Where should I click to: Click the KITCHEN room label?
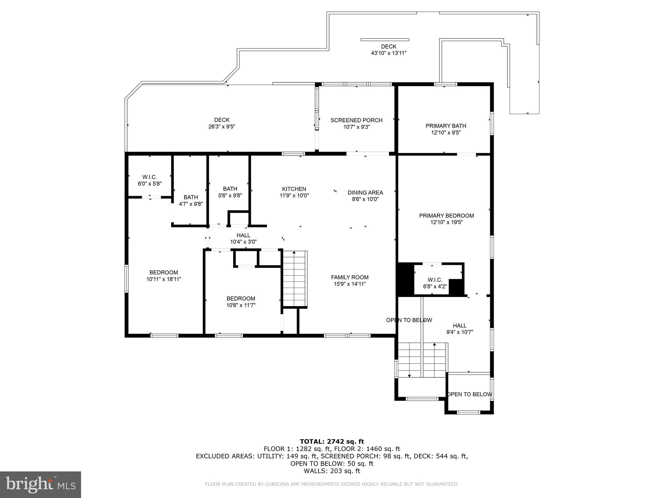click(294, 189)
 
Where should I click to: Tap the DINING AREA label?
click(365, 193)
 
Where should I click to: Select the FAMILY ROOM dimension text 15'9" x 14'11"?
click(350, 284)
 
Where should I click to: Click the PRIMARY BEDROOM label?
click(446, 216)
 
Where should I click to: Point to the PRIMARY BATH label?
click(445, 126)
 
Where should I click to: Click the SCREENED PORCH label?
click(356, 120)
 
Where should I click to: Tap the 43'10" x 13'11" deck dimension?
click(388, 53)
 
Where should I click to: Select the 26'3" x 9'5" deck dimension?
click(221, 127)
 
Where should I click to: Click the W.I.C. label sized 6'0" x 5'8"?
click(149, 177)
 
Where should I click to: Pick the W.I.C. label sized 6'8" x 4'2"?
click(434, 280)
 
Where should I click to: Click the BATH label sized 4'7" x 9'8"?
click(191, 197)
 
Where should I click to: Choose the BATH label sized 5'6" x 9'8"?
click(230, 189)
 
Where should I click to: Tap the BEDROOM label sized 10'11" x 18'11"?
click(163, 272)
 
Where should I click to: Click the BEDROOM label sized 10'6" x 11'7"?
click(241, 298)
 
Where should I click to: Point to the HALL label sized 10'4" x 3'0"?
click(243, 235)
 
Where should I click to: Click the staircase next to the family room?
click(294, 279)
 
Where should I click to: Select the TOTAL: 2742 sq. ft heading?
click(332, 441)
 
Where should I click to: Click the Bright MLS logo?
click(41, 484)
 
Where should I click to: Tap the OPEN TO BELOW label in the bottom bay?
click(469, 394)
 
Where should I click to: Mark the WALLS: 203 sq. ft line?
click(332, 471)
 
